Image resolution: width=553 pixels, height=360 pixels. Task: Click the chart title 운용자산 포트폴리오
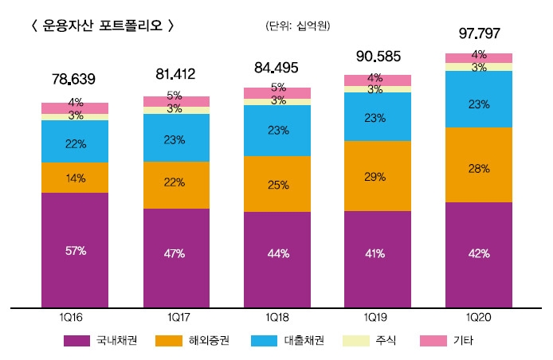100,25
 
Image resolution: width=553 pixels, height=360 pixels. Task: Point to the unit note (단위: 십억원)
298,25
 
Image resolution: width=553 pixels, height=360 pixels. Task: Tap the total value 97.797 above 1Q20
479,34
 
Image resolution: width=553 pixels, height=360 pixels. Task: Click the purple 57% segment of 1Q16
75,250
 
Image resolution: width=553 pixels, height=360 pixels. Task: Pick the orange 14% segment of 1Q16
75,178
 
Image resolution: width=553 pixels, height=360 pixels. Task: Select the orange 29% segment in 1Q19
377,176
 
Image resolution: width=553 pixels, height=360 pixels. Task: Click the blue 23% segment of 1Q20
479,104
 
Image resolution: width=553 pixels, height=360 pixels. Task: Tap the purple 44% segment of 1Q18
276,253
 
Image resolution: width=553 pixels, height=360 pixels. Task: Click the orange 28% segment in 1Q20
479,169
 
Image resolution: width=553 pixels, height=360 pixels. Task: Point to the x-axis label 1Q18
276,317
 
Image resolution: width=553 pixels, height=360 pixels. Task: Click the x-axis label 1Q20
479,317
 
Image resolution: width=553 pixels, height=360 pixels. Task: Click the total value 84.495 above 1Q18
276,67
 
